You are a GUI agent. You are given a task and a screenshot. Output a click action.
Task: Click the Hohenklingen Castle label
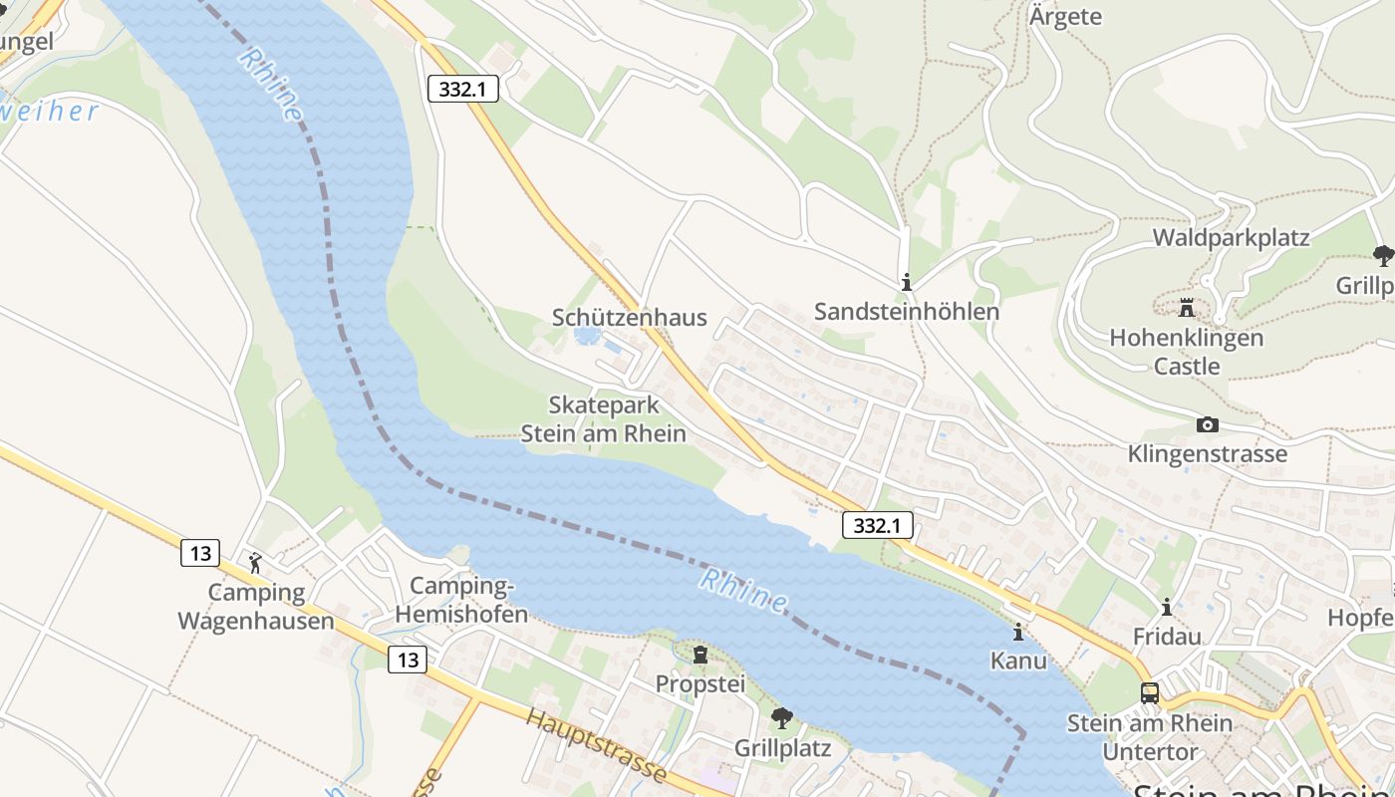coord(1186,352)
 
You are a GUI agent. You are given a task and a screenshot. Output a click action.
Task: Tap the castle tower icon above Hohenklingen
coord(1186,307)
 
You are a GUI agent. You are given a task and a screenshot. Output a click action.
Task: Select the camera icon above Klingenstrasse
coord(1208,425)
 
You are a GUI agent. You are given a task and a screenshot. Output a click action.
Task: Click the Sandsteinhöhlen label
coord(907,312)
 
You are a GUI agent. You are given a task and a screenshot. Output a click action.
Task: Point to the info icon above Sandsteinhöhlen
coord(906,283)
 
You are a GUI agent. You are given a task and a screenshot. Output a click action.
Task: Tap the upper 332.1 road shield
coord(462,89)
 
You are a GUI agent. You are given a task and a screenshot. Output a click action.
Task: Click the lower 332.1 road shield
coord(877,525)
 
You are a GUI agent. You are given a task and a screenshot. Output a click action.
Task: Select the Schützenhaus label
coord(629,318)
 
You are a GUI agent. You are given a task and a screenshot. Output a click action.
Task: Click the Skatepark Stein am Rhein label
coord(604,419)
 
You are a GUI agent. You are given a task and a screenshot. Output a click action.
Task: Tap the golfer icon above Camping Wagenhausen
coord(255,563)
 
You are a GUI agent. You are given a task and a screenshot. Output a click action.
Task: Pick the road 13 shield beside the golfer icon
coord(200,553)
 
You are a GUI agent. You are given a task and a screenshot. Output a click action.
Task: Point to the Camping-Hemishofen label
coord(461,600)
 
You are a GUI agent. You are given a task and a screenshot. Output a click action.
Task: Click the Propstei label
coord(700,684)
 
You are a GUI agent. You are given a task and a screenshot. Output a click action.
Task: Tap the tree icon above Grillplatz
coord(782,717)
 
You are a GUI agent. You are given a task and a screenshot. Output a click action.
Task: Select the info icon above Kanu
coord(1018,632)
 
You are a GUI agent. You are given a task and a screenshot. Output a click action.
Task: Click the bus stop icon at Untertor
coord(1150,692)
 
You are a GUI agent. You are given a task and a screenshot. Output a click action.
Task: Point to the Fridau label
coord(1167,636)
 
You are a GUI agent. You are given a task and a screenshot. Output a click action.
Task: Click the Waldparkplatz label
coord(1231,238)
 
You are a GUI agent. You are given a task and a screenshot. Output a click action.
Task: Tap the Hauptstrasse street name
coord(596,745)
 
